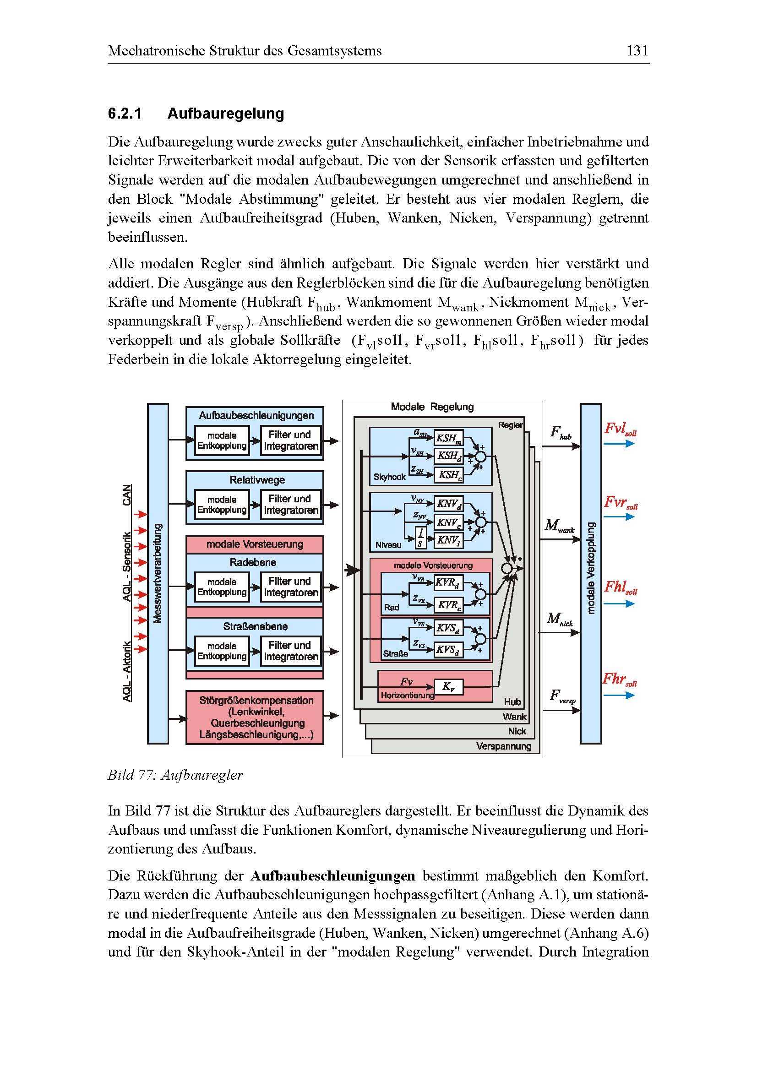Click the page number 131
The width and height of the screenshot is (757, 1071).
[637, 50]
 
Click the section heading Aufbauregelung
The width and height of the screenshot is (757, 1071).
[225, 114]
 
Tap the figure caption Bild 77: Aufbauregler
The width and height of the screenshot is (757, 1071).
[175, 775]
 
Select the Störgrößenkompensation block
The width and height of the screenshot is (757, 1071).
[255, 717]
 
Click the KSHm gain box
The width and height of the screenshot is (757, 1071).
[448, 438]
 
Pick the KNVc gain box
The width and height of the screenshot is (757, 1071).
[448, 522]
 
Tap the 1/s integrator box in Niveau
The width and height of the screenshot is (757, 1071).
[420, 537]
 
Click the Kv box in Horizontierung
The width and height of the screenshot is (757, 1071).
[448, 687]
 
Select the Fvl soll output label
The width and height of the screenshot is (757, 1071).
[620, 429]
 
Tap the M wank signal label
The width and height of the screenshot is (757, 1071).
[560, 527]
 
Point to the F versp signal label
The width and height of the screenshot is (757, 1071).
[562, 696]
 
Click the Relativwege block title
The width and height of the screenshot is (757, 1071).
[257, 479]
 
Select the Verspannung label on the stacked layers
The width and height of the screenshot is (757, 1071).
[504, 746]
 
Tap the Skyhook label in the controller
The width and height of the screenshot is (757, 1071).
[389, 477]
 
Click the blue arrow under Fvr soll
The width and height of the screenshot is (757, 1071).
[619, 517]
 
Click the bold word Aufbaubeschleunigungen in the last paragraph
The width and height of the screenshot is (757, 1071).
[332, 875]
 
